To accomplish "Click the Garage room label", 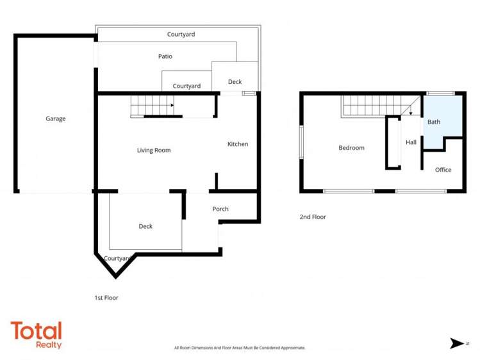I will point(56,119).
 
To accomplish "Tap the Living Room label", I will point(154,151).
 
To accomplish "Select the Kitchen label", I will point(238,144).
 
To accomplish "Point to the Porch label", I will point(220,209).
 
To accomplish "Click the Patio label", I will point(165,56).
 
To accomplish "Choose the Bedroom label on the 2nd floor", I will point(351,148).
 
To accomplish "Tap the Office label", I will point(443,170).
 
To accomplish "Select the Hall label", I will point(411,142).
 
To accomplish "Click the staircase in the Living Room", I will point(153,104).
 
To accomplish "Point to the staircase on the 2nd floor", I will point(372,106).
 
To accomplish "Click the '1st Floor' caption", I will point(106,298).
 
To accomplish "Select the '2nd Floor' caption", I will point(313,217).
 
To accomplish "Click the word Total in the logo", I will point(36,331).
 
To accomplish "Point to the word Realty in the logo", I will point(49,345).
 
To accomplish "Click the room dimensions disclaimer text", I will point(240,348).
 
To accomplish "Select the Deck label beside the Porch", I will point(145,226).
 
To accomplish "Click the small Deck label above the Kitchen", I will point(235,82).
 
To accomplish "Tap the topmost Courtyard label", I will point(181,34).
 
